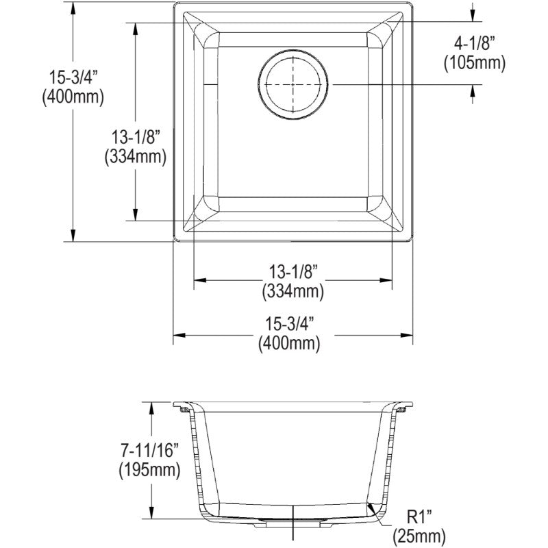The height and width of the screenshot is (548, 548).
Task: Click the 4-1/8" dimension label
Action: click(474, 44)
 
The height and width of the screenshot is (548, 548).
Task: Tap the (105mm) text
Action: click(475, 63)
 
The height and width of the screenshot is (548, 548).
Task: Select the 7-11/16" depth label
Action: click(149, 450)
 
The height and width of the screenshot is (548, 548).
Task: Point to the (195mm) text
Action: click(149, 470)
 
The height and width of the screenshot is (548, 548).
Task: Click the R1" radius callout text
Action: click(419, 517)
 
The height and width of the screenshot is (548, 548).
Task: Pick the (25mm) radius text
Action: click(419, 536)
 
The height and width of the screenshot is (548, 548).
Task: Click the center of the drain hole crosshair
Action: click(293, 84)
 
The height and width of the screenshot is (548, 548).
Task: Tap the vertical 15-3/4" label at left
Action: click(73, 77)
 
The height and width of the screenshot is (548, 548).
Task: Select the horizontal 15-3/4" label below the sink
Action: click(289, 324)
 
